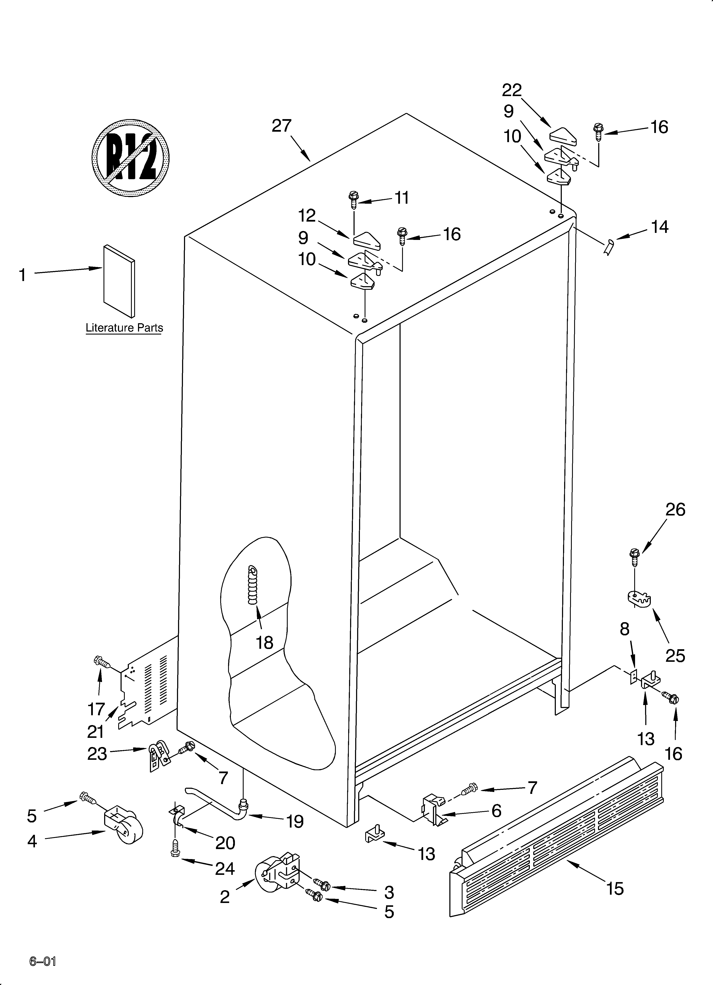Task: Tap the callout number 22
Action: point(512,90)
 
